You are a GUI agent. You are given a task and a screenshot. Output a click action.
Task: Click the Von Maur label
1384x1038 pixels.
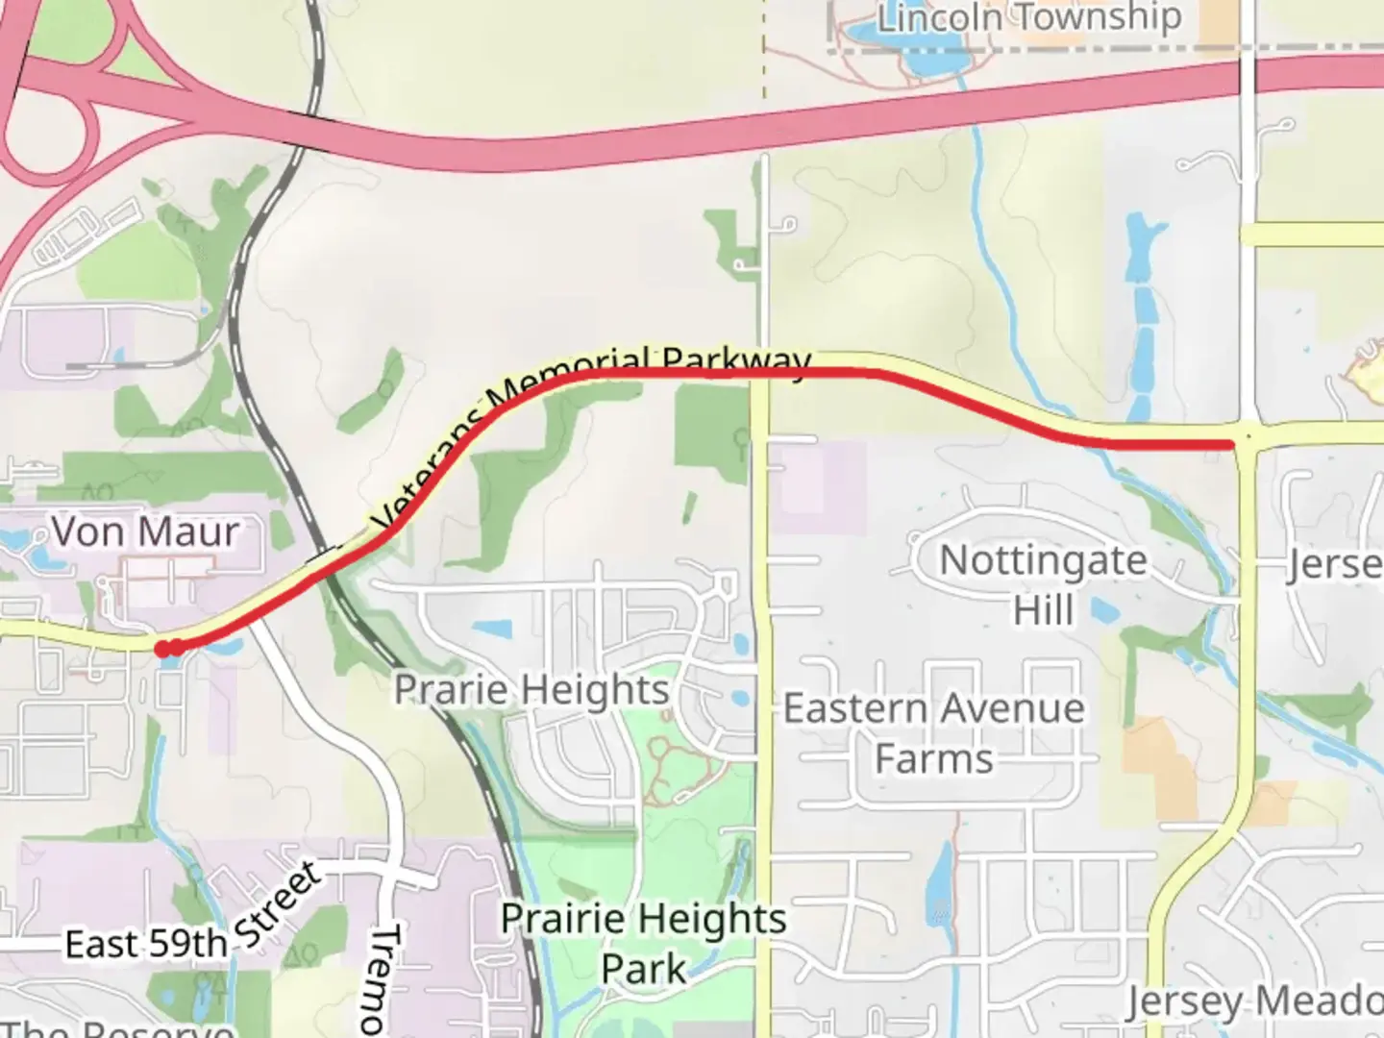click(x=145, y=531)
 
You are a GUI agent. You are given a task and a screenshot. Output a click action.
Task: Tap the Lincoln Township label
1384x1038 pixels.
click(x=1028, y=17)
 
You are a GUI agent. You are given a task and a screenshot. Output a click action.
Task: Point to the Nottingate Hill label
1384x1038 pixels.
click(x=1043, y=584)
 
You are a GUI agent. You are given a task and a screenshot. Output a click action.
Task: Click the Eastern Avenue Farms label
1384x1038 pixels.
click(x=933, y=732)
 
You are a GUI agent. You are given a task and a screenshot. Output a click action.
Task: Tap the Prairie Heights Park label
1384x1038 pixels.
click(x=643, y=943)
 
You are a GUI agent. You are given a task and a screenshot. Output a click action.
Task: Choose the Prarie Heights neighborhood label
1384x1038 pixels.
click(x=531, y=689)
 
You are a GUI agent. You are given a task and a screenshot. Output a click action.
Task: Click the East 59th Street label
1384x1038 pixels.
click(x=192, y=918)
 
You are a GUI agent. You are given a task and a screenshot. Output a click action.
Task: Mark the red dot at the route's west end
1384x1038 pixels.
click(x=164, y=649)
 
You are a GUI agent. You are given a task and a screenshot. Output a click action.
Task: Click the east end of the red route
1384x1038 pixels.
click(x=1231, y=443)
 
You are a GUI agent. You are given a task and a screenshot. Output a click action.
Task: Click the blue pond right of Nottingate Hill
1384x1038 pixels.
click(x=1103, y=609)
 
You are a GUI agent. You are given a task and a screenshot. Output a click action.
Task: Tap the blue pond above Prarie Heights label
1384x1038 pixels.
click(x=492, y=629)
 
